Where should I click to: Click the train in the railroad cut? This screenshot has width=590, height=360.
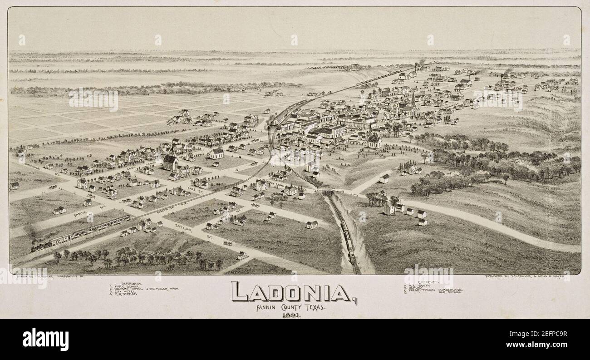(x=349, y=243)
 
